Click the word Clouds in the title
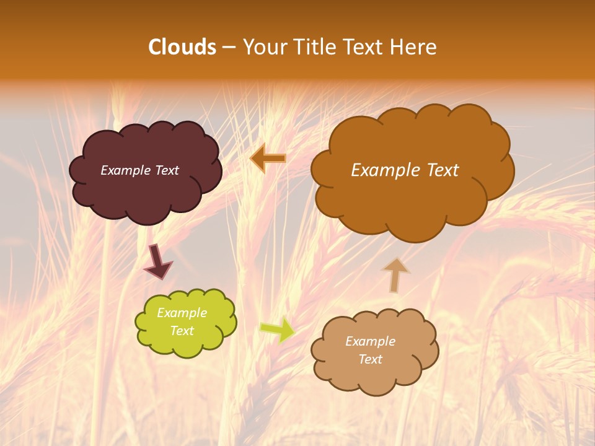[182, 47]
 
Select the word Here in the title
[414, 47]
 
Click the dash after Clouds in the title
[228, 48]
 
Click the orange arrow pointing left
[268, 159]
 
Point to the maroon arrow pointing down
[157, 261]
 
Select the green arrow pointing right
[277, 330]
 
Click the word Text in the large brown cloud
[439, 170]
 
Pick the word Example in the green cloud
[182, 313]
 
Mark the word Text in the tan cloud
[370, 359]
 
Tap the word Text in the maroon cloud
[166, 170]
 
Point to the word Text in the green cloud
[182, 331]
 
